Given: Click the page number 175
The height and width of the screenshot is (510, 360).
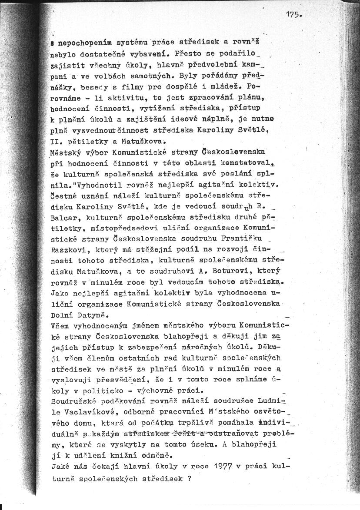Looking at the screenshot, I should tap(293, 14).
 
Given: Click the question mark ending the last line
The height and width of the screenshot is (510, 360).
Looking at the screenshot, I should tap(190, 478).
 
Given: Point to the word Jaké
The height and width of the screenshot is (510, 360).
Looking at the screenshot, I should tap(60, 467).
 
